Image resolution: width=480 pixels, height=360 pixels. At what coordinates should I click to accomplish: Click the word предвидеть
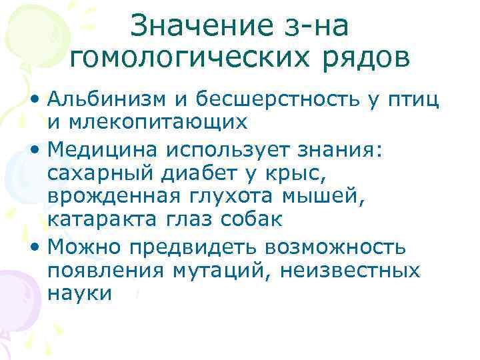(x=199, y=248)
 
